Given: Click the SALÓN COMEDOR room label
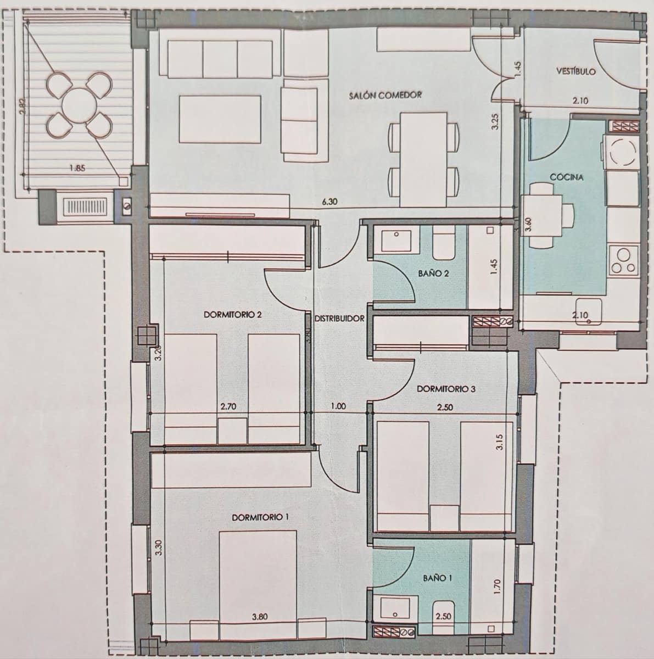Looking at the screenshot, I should (385, 95).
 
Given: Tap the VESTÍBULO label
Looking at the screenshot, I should (575, 71).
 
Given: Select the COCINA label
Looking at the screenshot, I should (566, 177).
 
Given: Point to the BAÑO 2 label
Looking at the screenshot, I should (437, 273).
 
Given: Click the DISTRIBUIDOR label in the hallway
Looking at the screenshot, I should (339, 319).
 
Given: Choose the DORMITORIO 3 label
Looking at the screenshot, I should (446, 389).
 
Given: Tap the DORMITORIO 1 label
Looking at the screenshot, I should (260, 517).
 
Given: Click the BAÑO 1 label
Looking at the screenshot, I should (438, 578).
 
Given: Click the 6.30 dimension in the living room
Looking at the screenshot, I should (329, 202).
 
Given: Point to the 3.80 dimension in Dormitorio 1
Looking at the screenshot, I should (259, 617).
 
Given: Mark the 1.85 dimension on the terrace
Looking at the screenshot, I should (77, 168).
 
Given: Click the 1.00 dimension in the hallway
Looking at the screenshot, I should (339, 407).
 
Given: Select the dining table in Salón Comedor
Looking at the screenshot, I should (423, 154).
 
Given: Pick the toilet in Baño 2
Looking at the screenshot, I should (443, 244).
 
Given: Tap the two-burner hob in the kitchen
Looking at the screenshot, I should (624, 260).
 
